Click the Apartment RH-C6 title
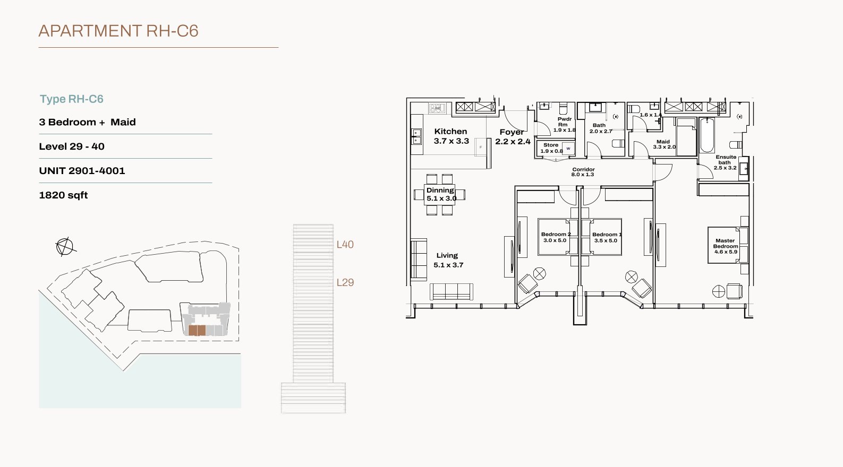pyautogui.click(x=118, y=31)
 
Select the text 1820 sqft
pyautogui.click(x=63, y=195)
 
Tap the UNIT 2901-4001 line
pyautogui.click(x=82, y=171)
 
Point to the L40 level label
pyautogui.click(x=345, y=245)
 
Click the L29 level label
pyautogui.click(x=345, y=283)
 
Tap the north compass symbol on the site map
pyautogui.click(x=65, y=247)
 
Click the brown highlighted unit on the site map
pyautogui.click(x=197, y=331)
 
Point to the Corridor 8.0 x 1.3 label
pyautogui.click(x=583, y=172)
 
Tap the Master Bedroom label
pyautogui.click(x=725, y=246)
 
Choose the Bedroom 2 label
pyautogui.click(x=555, y=237)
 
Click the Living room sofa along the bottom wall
pyautogui.click(x=451, y=292)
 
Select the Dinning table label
pyautogui.click(x=441, y=194)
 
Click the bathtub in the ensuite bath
pyautogui.click(x=707, y=135)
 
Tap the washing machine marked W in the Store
pyautogui.click(x=568, y=149)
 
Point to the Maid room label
pyautogui.click(x=664, y=144)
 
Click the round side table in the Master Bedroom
pyautogui.click(x=718, y=291)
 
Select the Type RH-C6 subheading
pyautogui.click(x=72, y=99)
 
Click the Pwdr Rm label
pyautogui.click(x=564, y=125)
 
